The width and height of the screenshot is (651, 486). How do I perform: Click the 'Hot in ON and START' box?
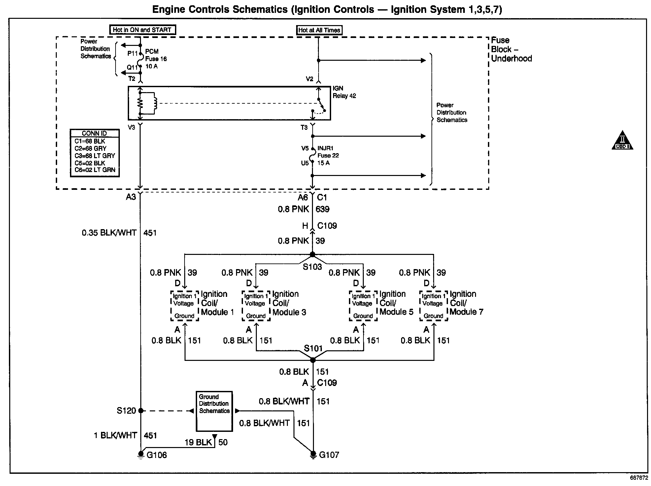[x=142, y=30]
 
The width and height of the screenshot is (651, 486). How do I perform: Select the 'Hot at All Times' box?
[x=319, y=30]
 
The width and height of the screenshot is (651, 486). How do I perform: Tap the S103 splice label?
[x=312, y=267]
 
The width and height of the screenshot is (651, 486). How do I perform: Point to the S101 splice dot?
[x=313, y=360]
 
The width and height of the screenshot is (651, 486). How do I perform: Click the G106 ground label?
[x=157, y=455]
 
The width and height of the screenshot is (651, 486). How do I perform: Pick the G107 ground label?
[x=329, y=455]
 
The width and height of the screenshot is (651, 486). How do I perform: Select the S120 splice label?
[x=126, y=411]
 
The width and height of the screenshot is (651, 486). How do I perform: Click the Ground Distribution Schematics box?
[x=214, y=411]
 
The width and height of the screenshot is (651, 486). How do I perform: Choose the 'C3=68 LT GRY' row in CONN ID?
[x=95, y=156]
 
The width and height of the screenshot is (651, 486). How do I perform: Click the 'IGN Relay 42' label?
[x=344, y=92]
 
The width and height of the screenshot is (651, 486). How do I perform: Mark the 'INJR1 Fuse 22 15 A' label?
[x=328, y=156]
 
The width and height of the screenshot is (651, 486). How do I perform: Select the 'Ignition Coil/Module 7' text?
[x=466, y=303]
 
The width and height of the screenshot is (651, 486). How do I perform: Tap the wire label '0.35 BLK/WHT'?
[x=109, y=233]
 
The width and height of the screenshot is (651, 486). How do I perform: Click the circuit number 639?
[x=323, y=209]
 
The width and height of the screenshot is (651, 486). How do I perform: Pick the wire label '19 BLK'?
[x=198, y=442]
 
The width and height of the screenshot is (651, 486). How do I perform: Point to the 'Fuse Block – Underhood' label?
[x=511, y=50]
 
